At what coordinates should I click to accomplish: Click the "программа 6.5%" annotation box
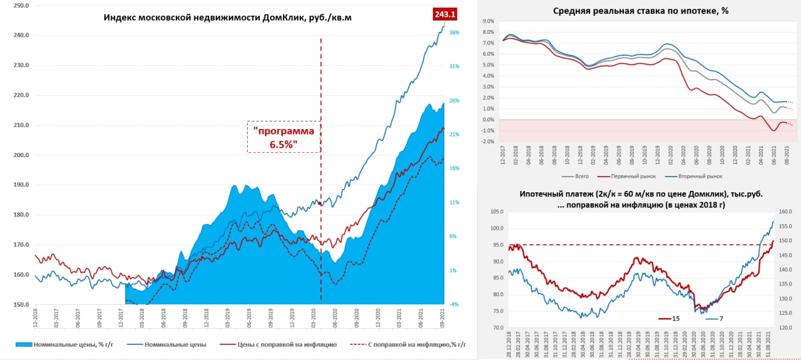pos(283,136)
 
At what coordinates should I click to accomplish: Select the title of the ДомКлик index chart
pos(227,18)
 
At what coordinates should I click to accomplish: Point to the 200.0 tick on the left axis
pos(20,155)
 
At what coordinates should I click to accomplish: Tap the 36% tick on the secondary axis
pos(455,33)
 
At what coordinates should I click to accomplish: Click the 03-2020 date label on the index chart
pos(314,320)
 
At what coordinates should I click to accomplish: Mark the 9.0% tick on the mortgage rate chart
pos(488,21)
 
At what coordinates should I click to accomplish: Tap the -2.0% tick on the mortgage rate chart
pos(487,141)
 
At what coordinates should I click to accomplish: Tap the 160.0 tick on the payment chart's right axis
pos(786,211)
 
